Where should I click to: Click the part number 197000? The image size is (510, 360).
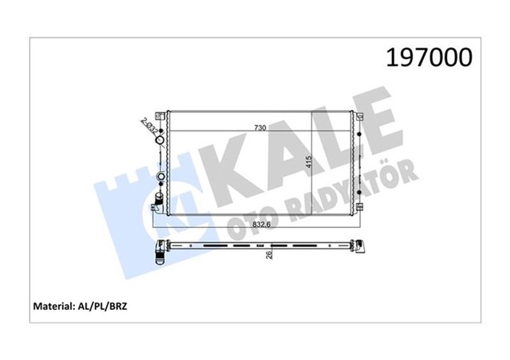[x=429, y=58]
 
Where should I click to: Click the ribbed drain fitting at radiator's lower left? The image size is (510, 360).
[x=158, y=196]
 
